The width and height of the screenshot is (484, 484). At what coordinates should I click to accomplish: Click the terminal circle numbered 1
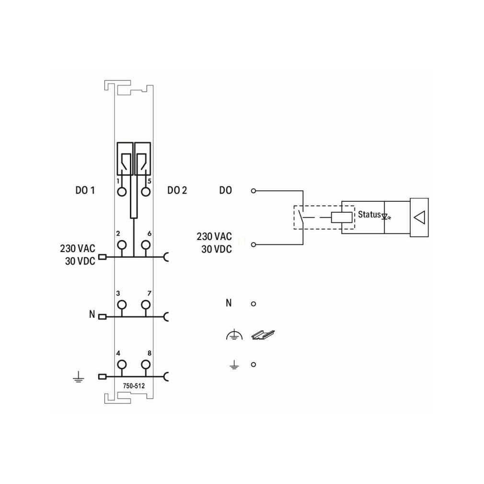point(122,192)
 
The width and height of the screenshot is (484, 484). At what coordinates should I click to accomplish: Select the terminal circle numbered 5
point(146,192)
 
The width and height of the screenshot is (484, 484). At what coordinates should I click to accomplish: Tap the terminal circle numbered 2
point(122,245)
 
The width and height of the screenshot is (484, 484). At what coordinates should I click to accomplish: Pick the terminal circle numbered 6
point(146,245)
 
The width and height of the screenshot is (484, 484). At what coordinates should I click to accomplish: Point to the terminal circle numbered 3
point(122,305)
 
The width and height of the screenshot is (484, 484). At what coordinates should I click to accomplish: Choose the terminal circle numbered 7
point(146,305)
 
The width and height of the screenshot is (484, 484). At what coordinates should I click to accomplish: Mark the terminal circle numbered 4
point(122,365)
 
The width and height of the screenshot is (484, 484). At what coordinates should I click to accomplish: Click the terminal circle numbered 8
point(146,365)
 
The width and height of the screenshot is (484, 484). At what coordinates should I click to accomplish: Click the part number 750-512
point(134,386)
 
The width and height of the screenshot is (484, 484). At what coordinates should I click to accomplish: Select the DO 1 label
point(85,190)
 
